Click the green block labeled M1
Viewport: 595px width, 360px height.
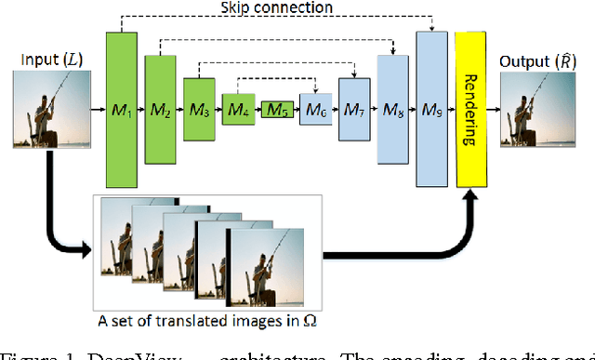coord(124,109)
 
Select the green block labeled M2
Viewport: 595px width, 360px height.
coord(160,109)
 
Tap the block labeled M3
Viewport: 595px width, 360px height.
coord(197,109)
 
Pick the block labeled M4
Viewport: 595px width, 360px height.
coord(237,109)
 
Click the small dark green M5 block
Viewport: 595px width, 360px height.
coord(275,109)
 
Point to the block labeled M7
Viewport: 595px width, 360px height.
coord(353,109)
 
